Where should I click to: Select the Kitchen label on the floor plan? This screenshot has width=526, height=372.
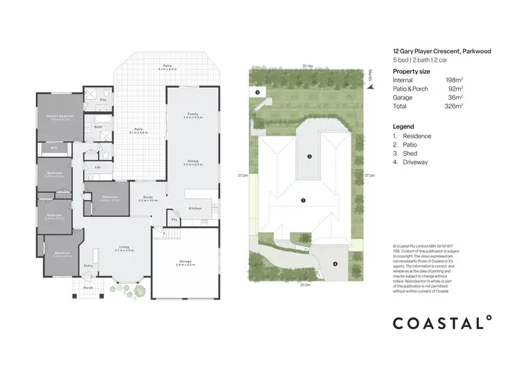coord(195,208)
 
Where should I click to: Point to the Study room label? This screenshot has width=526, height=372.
coord(148,198)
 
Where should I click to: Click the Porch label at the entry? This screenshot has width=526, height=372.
coord(88,288)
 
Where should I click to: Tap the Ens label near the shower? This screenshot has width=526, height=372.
coord(102,100)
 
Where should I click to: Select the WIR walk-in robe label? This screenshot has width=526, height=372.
coord(53,148)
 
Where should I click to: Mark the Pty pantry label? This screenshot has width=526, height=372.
coord(175,219)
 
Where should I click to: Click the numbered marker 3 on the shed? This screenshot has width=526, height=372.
coord(257,92)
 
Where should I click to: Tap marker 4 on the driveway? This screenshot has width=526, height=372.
coord(335,264)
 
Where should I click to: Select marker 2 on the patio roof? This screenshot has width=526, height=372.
coord(309,157)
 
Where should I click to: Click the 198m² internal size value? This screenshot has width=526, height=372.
coord(454,81)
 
